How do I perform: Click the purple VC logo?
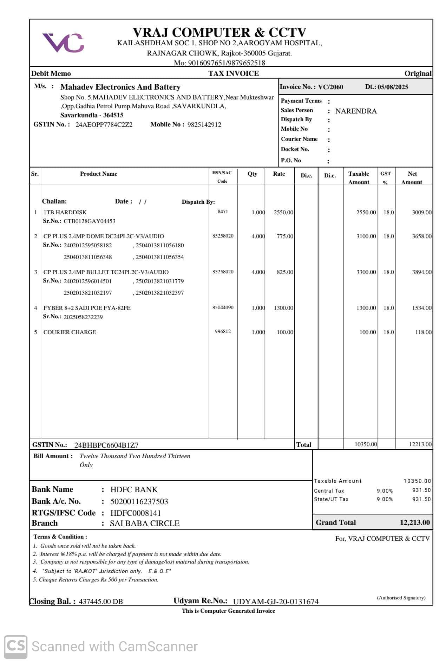tap(64, 43)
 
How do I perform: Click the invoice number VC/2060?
tap(330, 87)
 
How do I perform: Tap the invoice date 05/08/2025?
tap(393, 87)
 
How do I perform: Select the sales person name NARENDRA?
tap(356, 111)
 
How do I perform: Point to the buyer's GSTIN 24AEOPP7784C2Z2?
tap(104, 125)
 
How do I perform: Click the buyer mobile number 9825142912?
tap(204, 125)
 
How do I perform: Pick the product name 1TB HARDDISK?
tap(65, 212)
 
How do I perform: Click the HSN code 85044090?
tap(223, 307)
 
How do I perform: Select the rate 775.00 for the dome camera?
tap(284, 236)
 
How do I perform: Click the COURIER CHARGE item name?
tap(70, 332)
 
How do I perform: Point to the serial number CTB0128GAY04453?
tap(89, 221)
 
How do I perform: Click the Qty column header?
tap(252, 174)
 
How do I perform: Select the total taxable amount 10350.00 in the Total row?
tap(365, 444)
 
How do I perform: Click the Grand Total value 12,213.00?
tap(414, 522)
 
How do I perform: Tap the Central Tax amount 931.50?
tap(421, 490)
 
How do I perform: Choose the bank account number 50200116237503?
tap(139, 501)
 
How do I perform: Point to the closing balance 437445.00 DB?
tap(101, 601)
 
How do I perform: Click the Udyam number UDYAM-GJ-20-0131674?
tap(276, 602)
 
